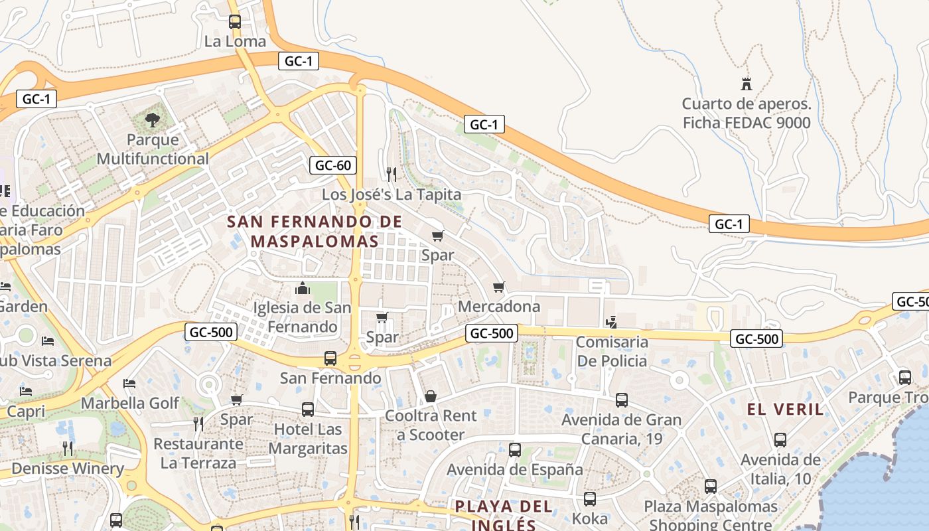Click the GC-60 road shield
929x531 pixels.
(333, 165)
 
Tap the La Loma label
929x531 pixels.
(235, 41)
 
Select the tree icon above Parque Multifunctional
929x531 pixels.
(153, 120)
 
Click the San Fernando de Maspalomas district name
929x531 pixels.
(315, 231)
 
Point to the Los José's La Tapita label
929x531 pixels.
(392, 194)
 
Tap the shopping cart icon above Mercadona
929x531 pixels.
(499, 287)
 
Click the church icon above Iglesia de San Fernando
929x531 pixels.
(303, 288)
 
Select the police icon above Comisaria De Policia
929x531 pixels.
(612, 323)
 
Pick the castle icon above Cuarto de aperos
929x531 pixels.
(747, 84)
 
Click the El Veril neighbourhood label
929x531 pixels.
(786, 409)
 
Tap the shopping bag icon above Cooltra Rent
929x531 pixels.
(431, 397)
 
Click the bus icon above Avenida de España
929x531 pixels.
(514, 450)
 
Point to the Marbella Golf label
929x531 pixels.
(130, 403)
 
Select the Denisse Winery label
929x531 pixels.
(68, 469)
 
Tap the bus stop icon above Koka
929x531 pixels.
(590, 499)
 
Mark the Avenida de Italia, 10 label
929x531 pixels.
(780, 469)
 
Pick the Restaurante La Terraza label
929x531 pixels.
(198, 453)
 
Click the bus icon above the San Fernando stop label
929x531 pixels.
(330, 358)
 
